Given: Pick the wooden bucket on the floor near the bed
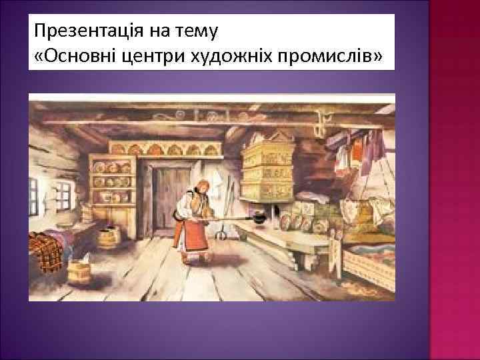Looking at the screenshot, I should pyautogui.click(x=79, y=273).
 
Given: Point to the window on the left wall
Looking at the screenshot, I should pyautogui.click(x=33, y=193).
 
